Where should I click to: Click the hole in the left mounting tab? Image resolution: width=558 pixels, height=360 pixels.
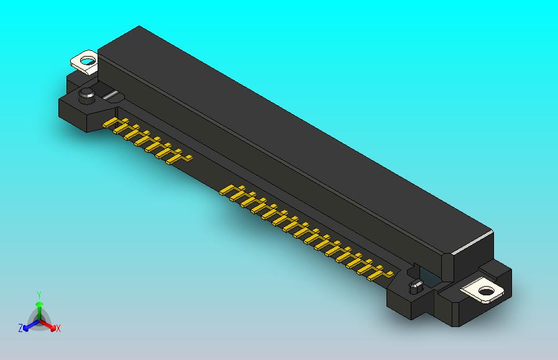[87, 60]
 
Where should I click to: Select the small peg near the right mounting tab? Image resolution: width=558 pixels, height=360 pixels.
[416, 287]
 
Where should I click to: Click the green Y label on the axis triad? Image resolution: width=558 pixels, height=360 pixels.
[39, 295]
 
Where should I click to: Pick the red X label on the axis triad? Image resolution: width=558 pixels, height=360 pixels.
[58, 328]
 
